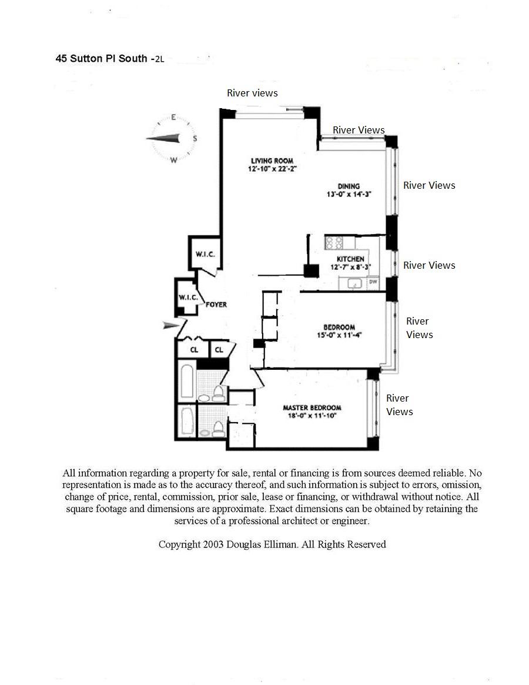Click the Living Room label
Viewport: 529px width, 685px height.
[x=272, y=161]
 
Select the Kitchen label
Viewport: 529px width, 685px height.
[x=350, y=259]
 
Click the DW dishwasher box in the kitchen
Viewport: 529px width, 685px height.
[x=373, y=283]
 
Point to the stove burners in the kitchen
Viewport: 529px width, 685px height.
[x=334, y=242]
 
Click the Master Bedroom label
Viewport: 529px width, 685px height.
[x=312, y=407]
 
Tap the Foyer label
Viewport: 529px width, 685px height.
[x=216, y=305]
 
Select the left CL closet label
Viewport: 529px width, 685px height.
[x=194, y=350]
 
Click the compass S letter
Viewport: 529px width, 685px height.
[x=195, y=139]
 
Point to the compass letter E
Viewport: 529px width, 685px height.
[x=174, y=117]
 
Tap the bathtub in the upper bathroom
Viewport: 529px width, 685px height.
[x=187, y=382]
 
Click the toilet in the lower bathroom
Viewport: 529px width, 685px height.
[x=218, y=427]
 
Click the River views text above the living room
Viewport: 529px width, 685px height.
[x=252, y=93]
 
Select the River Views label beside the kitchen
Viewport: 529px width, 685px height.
[x=429, y=265]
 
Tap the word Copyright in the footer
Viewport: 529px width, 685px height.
[x=179, y=544]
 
